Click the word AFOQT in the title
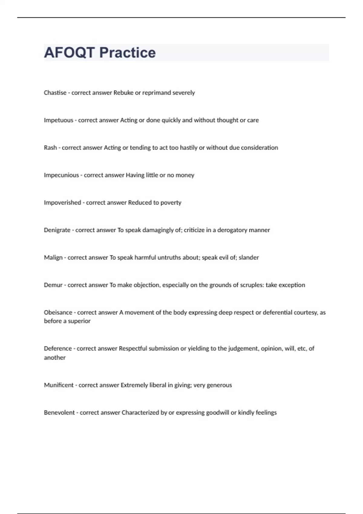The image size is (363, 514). tap(70, 53)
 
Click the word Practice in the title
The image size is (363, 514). tap(127, 53)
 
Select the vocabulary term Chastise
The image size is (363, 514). tap(55, 93)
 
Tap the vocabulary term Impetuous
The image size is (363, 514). tap(58, 120)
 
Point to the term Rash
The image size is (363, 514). tap(50, 148)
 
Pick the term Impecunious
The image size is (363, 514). tap(61, 175)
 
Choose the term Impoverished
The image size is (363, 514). tap(62, 203)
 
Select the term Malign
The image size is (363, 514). tap(53, 258)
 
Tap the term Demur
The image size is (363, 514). tap(53, 285)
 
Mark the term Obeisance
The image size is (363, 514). tap(58, 312)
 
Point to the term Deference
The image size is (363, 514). tap(58, 348)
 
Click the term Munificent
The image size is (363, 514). tap(59, 385)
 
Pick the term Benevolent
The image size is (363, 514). tap(59, 412)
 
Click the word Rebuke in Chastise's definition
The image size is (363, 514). tap(123, 93)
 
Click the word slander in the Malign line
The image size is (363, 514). tap(249, 258)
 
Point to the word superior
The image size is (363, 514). tap(79, 321)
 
